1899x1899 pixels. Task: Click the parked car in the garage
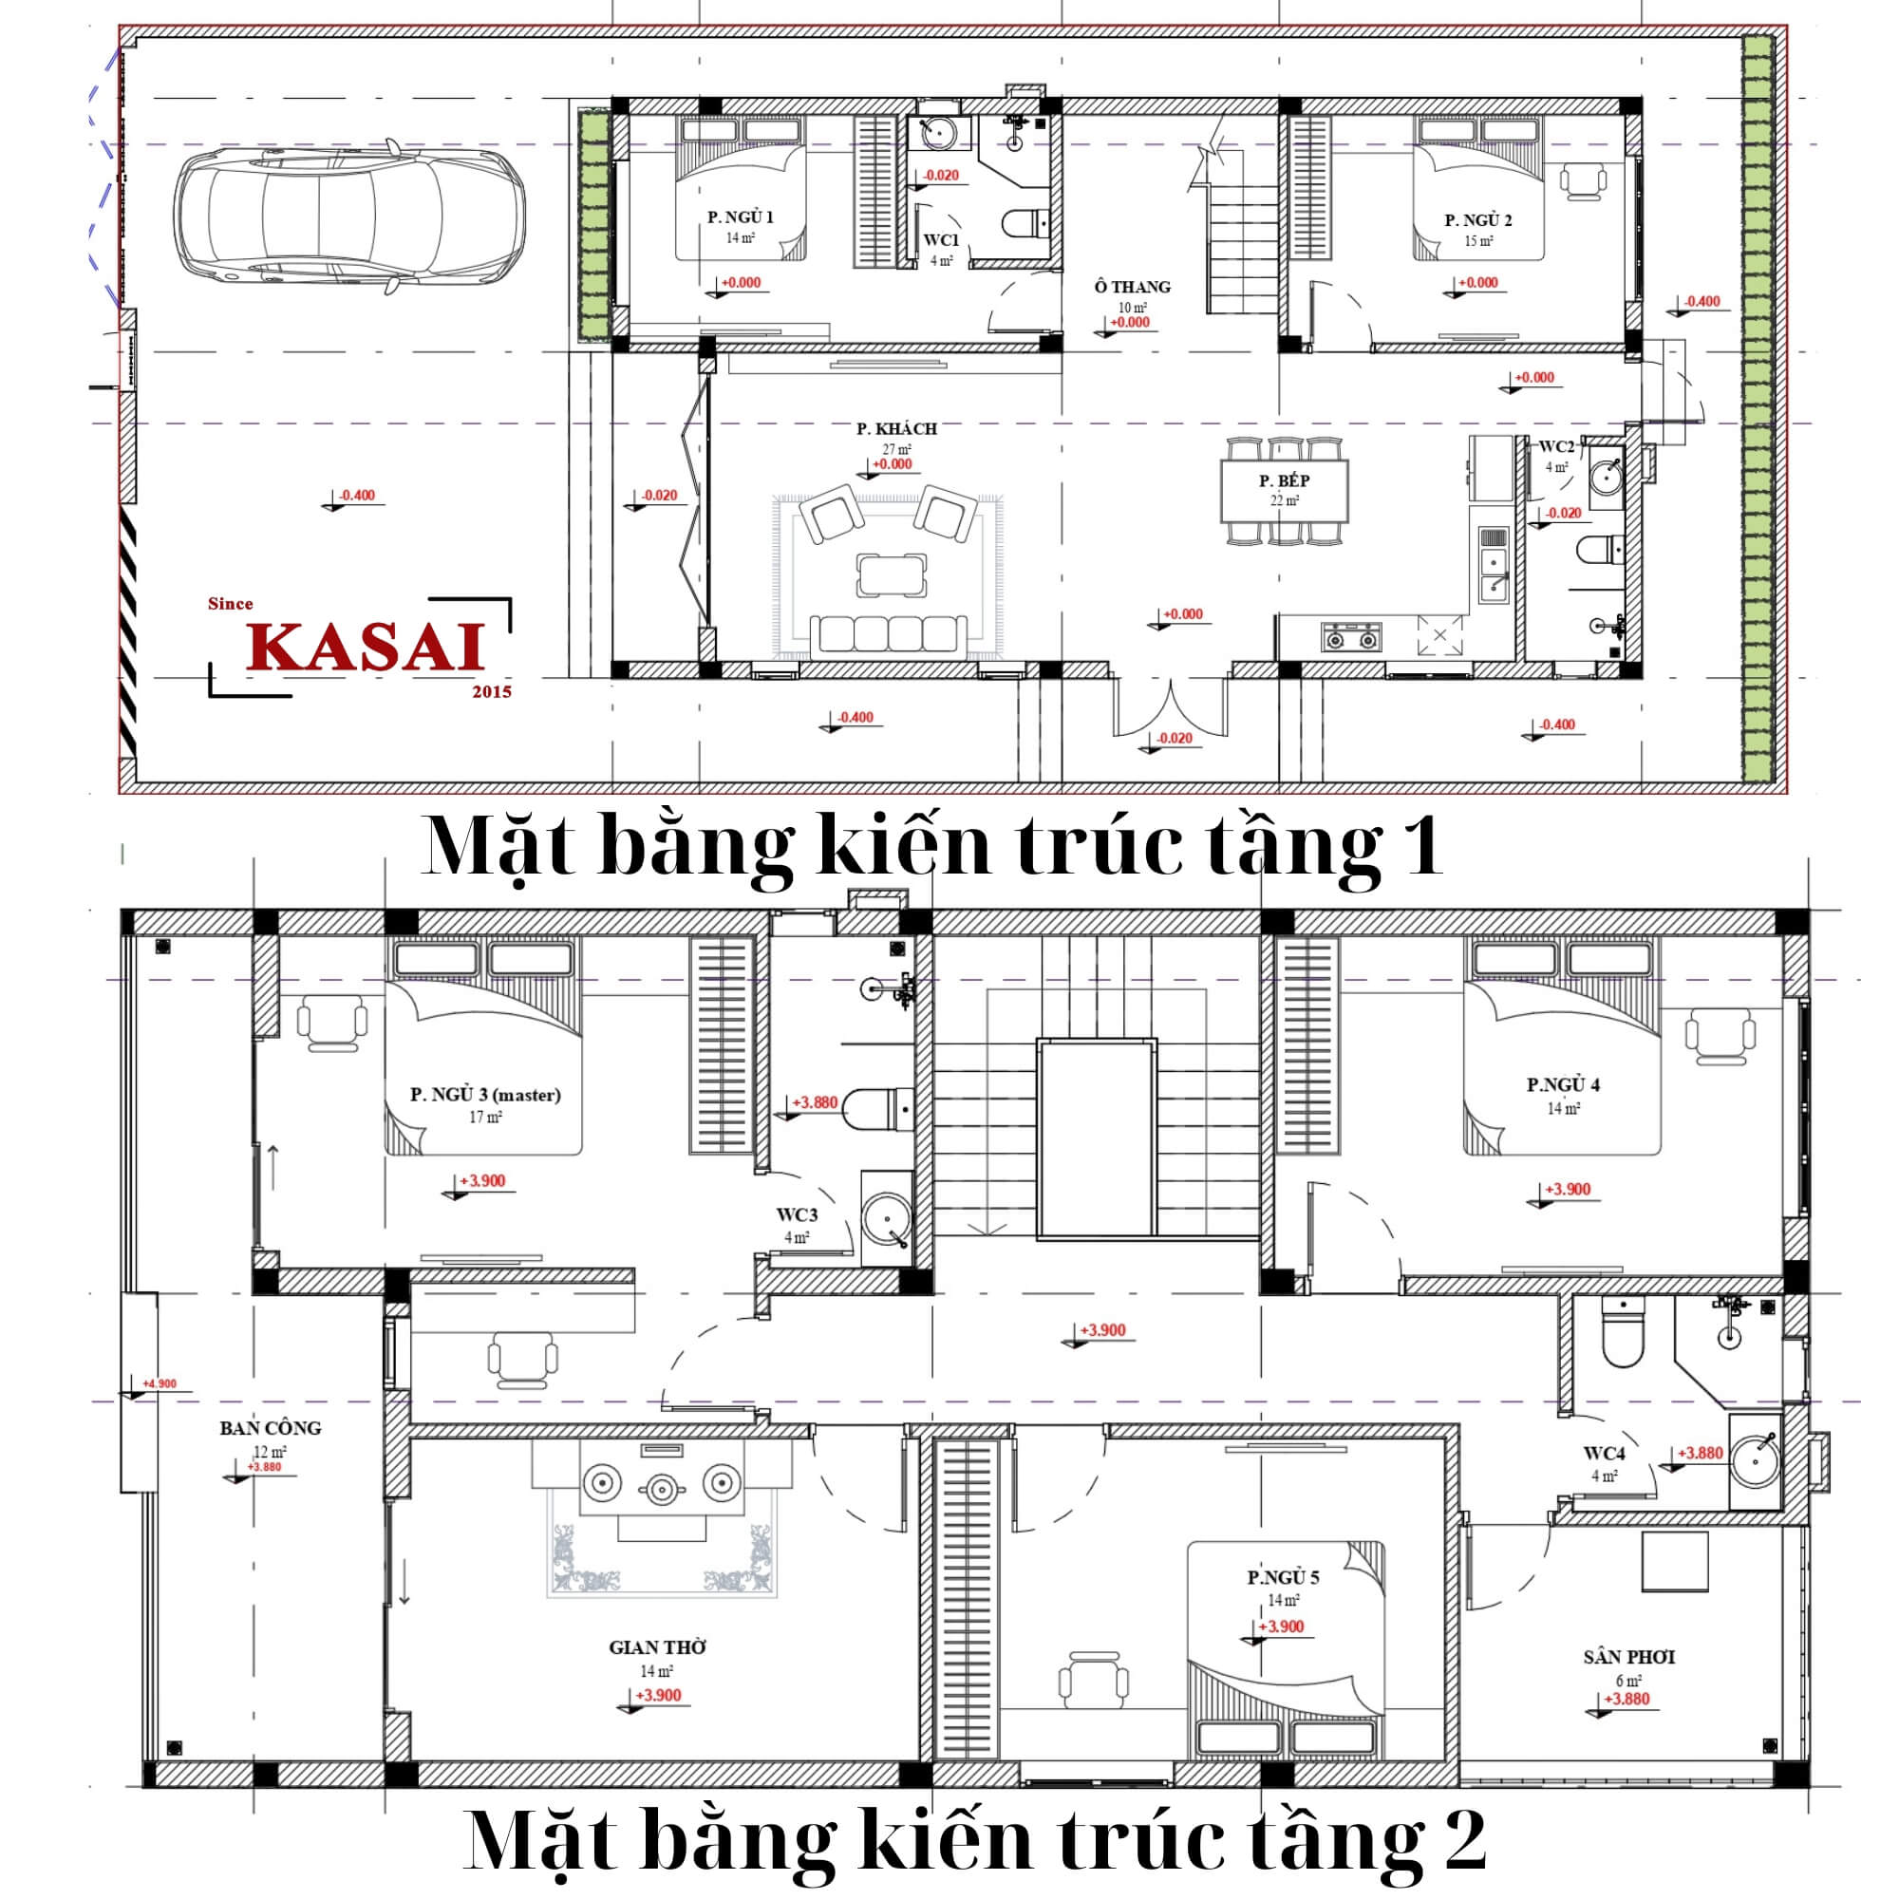(x=348, y=217)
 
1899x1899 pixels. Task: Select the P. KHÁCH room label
(x=896, y=428)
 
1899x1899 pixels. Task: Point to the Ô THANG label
(x=1133, y=287)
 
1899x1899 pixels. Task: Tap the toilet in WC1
(x=1025, y=224)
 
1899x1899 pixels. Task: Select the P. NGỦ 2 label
(x=1478, y=220)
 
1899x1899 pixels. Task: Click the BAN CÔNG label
(x=271, y=1428)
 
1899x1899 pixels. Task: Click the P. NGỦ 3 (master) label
(x=485, y=1094)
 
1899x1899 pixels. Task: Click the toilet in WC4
(x=1623, y=1332)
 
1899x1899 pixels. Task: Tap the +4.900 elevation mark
(x=160, y=1384)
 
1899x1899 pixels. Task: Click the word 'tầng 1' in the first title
(x=1324, y=846)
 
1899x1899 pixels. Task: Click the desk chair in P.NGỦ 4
(x=1720, y=1036)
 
